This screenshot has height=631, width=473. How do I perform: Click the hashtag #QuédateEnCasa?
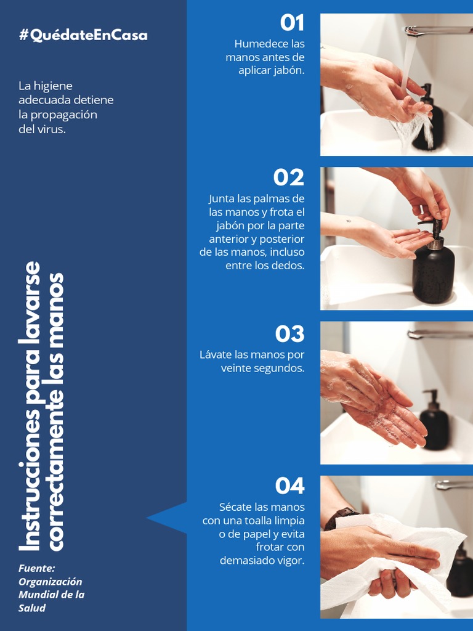[x=83, y=35]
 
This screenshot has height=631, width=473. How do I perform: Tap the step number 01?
[x=292, y=23]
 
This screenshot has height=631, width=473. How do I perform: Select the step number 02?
[x=289, y=177]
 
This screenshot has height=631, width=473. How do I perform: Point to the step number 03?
[x=289, y=334]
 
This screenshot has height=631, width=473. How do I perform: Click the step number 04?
[x=289, y=486]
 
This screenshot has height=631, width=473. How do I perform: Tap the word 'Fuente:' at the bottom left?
[x=36, y=568]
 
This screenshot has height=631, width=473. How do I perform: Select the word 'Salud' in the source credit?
[x=32, y=608]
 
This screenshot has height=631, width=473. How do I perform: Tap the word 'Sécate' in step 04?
[x=235, y=507]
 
